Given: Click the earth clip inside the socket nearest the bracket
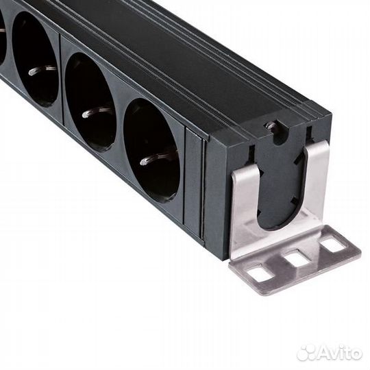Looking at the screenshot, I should [x=152, y=159].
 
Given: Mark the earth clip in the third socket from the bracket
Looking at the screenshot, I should [x=41, y=69].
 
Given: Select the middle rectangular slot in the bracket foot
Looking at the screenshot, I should [x=296, y=258].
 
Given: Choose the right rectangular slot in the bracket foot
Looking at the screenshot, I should [x=333, y=243].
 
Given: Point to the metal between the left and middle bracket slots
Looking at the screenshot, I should [x=278, y=266].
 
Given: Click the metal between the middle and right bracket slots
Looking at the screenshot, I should [x=314, y=251].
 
